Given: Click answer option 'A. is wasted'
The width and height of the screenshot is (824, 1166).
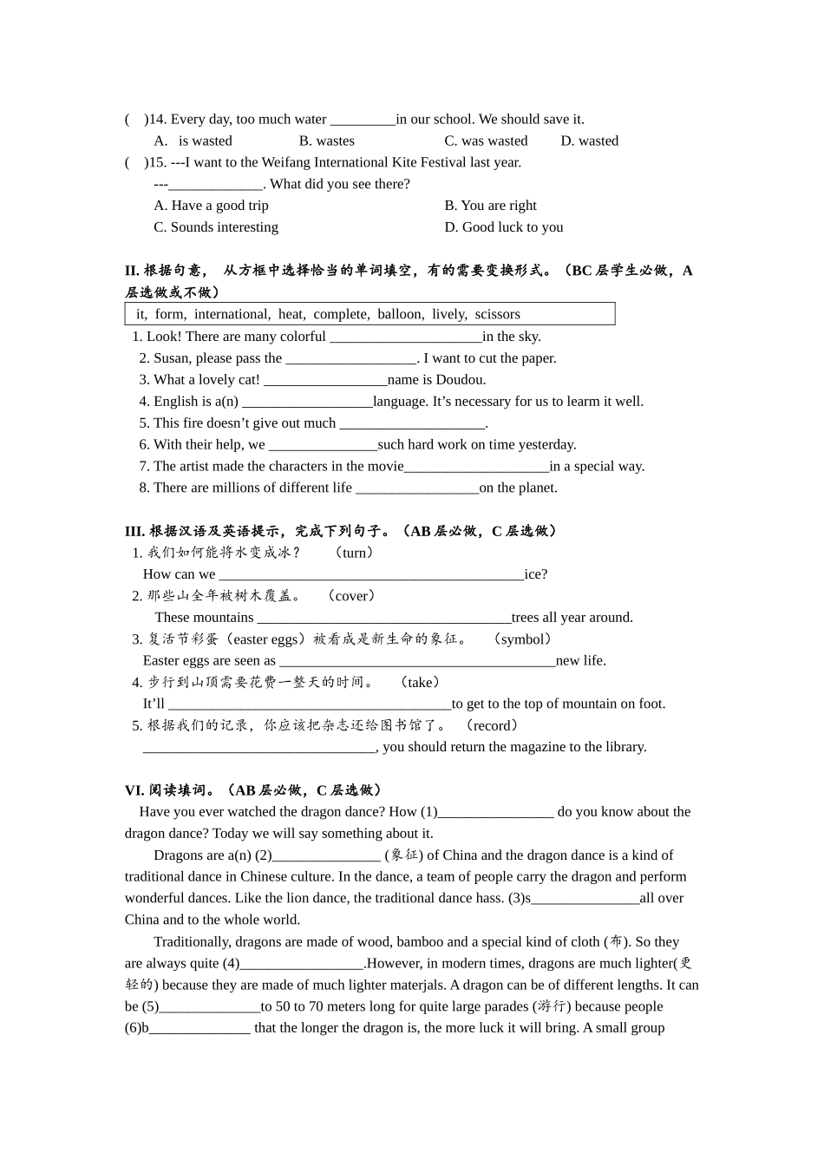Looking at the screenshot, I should click(x=193, y=141).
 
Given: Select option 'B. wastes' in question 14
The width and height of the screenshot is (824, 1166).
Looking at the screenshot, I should click(x=327, y=141).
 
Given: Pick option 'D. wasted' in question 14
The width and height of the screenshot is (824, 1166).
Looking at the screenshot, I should click(x=589, y=141).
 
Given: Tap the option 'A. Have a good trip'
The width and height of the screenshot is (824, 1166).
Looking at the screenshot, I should click(x=212, y=206).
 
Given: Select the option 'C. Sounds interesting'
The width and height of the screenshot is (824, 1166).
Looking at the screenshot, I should click(x=216, y=227).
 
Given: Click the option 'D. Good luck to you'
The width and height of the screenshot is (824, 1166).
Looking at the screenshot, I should click(x=504, y=227).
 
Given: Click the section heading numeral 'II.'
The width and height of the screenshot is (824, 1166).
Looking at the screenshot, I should click(x=132, y=271).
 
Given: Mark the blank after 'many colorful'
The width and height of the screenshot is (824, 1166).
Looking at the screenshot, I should click(x=405, y=337).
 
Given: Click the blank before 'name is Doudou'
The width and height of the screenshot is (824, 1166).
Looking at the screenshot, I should click(x=325, y=381).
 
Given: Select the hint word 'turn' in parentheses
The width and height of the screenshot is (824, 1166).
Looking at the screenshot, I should click(x=355, y=553).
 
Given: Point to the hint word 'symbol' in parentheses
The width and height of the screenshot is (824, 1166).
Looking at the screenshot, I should click(x=522, y=639).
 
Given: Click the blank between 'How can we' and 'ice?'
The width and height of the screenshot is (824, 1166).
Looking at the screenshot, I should click(x=371, y=575).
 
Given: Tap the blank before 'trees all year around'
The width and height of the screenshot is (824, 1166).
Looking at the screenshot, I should click(x=384, y=619).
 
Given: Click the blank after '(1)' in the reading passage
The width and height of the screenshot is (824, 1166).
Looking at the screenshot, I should click(x=495, y=813).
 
